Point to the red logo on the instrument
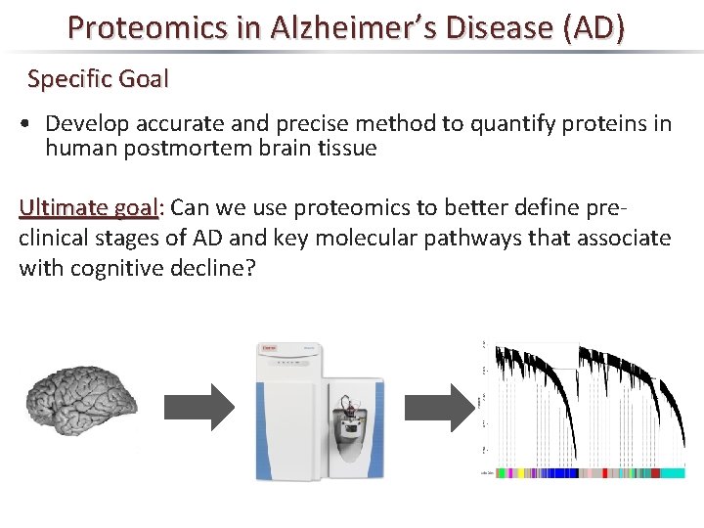269,347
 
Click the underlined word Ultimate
64,207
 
